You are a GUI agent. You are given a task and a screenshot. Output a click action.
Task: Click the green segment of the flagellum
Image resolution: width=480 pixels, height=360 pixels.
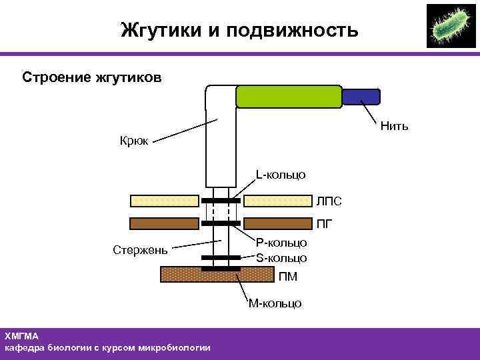pos(288,97)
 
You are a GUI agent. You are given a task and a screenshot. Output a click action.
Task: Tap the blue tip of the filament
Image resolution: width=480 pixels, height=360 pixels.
pos(361,97)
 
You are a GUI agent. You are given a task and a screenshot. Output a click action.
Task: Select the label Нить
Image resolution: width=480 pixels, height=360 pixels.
pos(394,126)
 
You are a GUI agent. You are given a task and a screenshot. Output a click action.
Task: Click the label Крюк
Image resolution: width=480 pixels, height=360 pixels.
pos(134,140)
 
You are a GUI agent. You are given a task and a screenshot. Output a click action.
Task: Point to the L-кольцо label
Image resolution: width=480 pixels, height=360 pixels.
pos(281,175)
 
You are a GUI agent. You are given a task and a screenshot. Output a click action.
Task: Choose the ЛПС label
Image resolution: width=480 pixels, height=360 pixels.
pos(329,201)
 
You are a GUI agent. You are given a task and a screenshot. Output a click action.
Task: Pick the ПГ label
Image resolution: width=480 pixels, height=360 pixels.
pos(325,223)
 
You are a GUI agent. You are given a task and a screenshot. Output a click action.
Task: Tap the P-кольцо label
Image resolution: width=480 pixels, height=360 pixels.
pos(281,244)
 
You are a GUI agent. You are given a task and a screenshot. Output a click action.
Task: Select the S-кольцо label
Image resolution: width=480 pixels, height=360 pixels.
pos(281,257)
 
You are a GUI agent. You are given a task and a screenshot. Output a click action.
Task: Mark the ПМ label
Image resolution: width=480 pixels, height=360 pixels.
pos(288,277)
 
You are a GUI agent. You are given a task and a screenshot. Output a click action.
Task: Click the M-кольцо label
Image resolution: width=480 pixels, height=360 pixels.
pos(275,303)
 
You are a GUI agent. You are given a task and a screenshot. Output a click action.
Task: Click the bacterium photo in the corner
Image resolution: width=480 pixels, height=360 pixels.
pos(451,26)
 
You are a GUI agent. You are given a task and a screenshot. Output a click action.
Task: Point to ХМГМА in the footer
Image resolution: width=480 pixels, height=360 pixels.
pos(22,336)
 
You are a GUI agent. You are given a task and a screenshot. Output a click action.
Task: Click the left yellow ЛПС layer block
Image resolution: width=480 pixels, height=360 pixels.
pos(163,200)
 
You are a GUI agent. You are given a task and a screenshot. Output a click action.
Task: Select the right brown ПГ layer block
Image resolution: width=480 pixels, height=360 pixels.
pos(279,223)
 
